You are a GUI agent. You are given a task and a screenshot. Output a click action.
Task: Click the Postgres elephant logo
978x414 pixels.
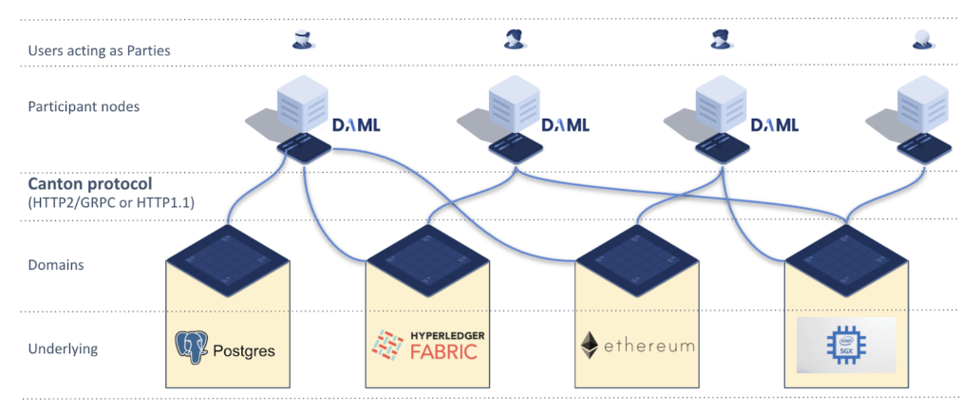click(192, 348)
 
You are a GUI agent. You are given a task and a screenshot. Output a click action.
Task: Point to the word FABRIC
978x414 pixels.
click(443, 351)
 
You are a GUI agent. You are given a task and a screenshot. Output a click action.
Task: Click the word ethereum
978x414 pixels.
click(649, 346)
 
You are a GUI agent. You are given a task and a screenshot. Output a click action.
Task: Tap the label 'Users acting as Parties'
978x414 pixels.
click(99, 50)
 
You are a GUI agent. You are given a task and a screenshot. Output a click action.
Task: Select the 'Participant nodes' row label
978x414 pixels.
click(84, 106)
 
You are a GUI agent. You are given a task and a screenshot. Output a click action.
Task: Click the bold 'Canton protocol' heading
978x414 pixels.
click(90, 185)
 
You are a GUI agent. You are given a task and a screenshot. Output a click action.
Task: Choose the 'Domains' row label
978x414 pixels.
click(56, 265)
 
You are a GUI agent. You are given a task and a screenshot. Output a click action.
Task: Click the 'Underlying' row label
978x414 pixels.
click(63, 348)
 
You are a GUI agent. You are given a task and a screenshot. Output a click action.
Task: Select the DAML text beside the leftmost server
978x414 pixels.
click(356, 125)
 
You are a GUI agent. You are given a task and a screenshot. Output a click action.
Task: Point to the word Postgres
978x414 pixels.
click(244, 350)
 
